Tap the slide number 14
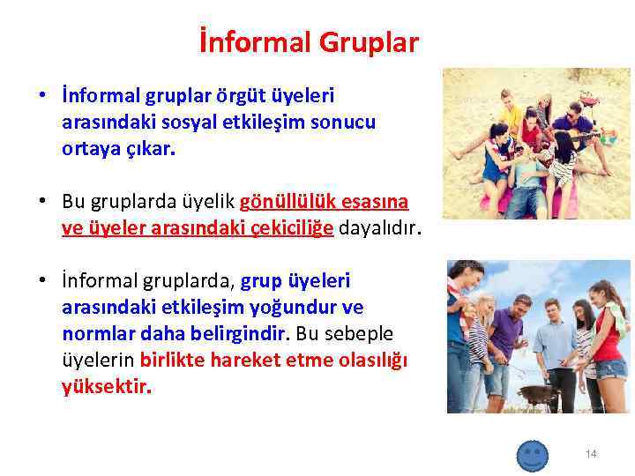(x=591, y=454)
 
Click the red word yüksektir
(x=106, y=386)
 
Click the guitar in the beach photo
(x=582, y=137)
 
